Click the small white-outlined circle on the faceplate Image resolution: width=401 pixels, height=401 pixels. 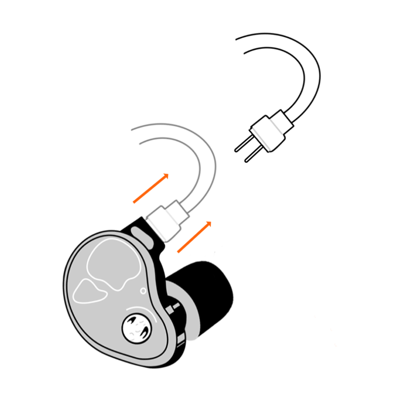tap(143, 291)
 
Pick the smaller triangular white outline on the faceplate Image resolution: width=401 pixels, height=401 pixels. tap(89, 291)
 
